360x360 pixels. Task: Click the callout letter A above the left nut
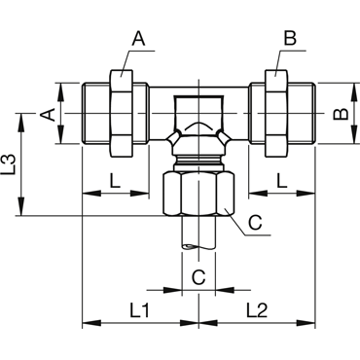(138, 39)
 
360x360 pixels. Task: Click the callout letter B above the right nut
(290, 39)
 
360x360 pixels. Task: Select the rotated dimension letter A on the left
(48, 115)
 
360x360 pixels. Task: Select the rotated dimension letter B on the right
(341, 115)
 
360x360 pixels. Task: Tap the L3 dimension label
(8, 165)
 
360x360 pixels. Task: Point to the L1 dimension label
(140, 310)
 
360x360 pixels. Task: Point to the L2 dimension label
(257, 310)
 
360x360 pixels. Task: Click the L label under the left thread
(115, 181)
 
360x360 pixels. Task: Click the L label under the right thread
(282, 181)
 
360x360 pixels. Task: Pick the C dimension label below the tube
(198, 277)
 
